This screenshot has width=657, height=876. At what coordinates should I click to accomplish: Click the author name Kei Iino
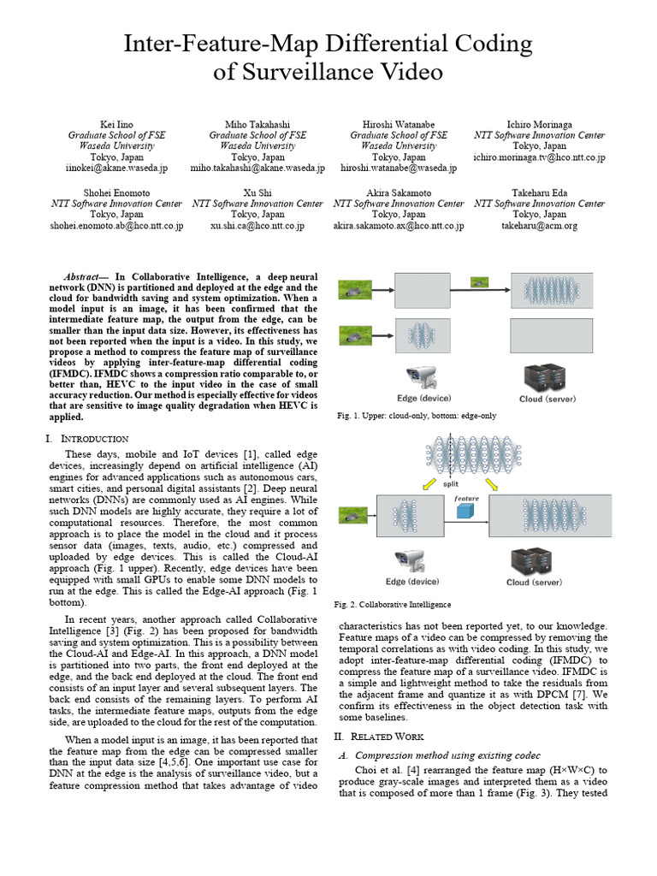pos(116,124)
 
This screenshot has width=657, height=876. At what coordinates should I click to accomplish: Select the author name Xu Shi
pos(257,192)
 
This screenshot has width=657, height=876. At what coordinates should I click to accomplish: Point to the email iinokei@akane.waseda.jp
pos(116,169)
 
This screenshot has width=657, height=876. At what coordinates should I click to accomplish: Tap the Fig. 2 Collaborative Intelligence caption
pos(392,604)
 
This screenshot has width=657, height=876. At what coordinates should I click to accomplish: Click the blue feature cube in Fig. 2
pos(465,512)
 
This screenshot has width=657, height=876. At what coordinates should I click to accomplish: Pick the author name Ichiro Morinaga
pos(539,124)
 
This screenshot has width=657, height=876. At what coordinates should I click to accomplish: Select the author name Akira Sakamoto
pos(398,192)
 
